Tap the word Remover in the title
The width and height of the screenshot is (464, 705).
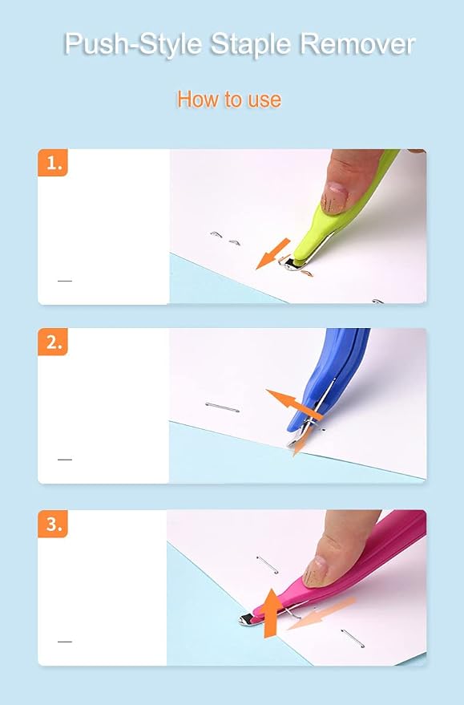coord(357,43)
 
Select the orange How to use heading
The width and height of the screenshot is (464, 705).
coord(229,99)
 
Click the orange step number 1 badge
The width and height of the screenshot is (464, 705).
coord(53,162)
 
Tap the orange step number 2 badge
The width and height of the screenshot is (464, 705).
coord(53,342)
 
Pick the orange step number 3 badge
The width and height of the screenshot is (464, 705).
coord(53,524)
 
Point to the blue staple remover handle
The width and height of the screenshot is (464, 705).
coord(328,382)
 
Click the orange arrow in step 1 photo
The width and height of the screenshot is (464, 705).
coord(272,254)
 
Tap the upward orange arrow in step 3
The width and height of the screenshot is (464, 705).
coord(270,613)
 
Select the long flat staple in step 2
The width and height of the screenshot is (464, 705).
coord(222,407)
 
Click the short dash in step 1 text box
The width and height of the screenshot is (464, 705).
coord(65,281)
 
